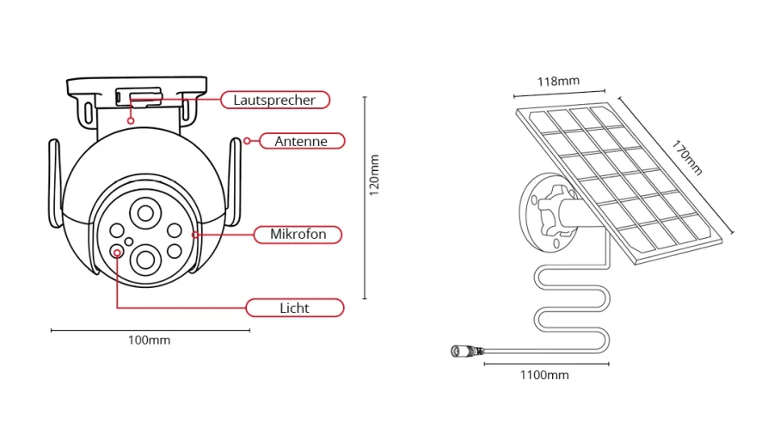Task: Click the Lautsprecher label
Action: tap(274, 100)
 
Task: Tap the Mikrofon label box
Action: tap(298, 234)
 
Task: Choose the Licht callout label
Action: tap(294, 308)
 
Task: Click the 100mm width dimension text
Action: tap(149, 340)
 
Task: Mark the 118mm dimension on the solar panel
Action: tap(558, 82)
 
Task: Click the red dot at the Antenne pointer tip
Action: tap(248, 140)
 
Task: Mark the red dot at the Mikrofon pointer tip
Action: tap(195, 234)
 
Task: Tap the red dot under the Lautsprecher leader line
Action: tap(131, 120)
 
